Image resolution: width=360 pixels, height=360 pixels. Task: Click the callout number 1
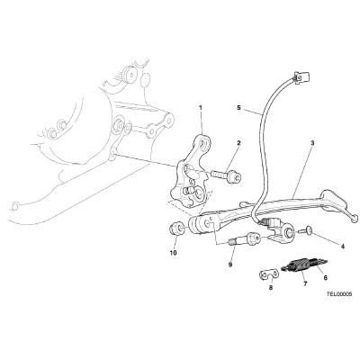tap(201, 107)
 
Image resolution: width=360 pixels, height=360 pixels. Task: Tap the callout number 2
tap(238, 143)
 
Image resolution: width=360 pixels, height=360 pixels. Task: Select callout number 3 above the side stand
tap(312, 143)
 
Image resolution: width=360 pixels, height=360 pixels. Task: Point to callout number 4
tap(342, 247)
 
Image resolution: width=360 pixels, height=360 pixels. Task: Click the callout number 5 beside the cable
tap(238, 107)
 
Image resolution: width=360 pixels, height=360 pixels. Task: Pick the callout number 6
tap(325, 278)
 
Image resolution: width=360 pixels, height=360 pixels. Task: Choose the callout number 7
tap(305, 283)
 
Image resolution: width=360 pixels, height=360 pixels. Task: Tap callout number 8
tap(271, 287)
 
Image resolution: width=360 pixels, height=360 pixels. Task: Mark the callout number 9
tap(230, 265)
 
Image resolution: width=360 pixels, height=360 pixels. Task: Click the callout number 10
tap(173, 253)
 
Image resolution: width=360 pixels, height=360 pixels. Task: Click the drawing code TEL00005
tap(339, 294)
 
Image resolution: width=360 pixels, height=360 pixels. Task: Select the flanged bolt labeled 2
tap(225, 176)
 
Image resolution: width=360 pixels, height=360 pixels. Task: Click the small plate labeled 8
tap(267, 274)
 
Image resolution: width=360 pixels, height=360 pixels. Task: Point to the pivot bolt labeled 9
tap(243, 238)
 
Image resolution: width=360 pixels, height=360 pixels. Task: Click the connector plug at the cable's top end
tap(301, 76)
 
